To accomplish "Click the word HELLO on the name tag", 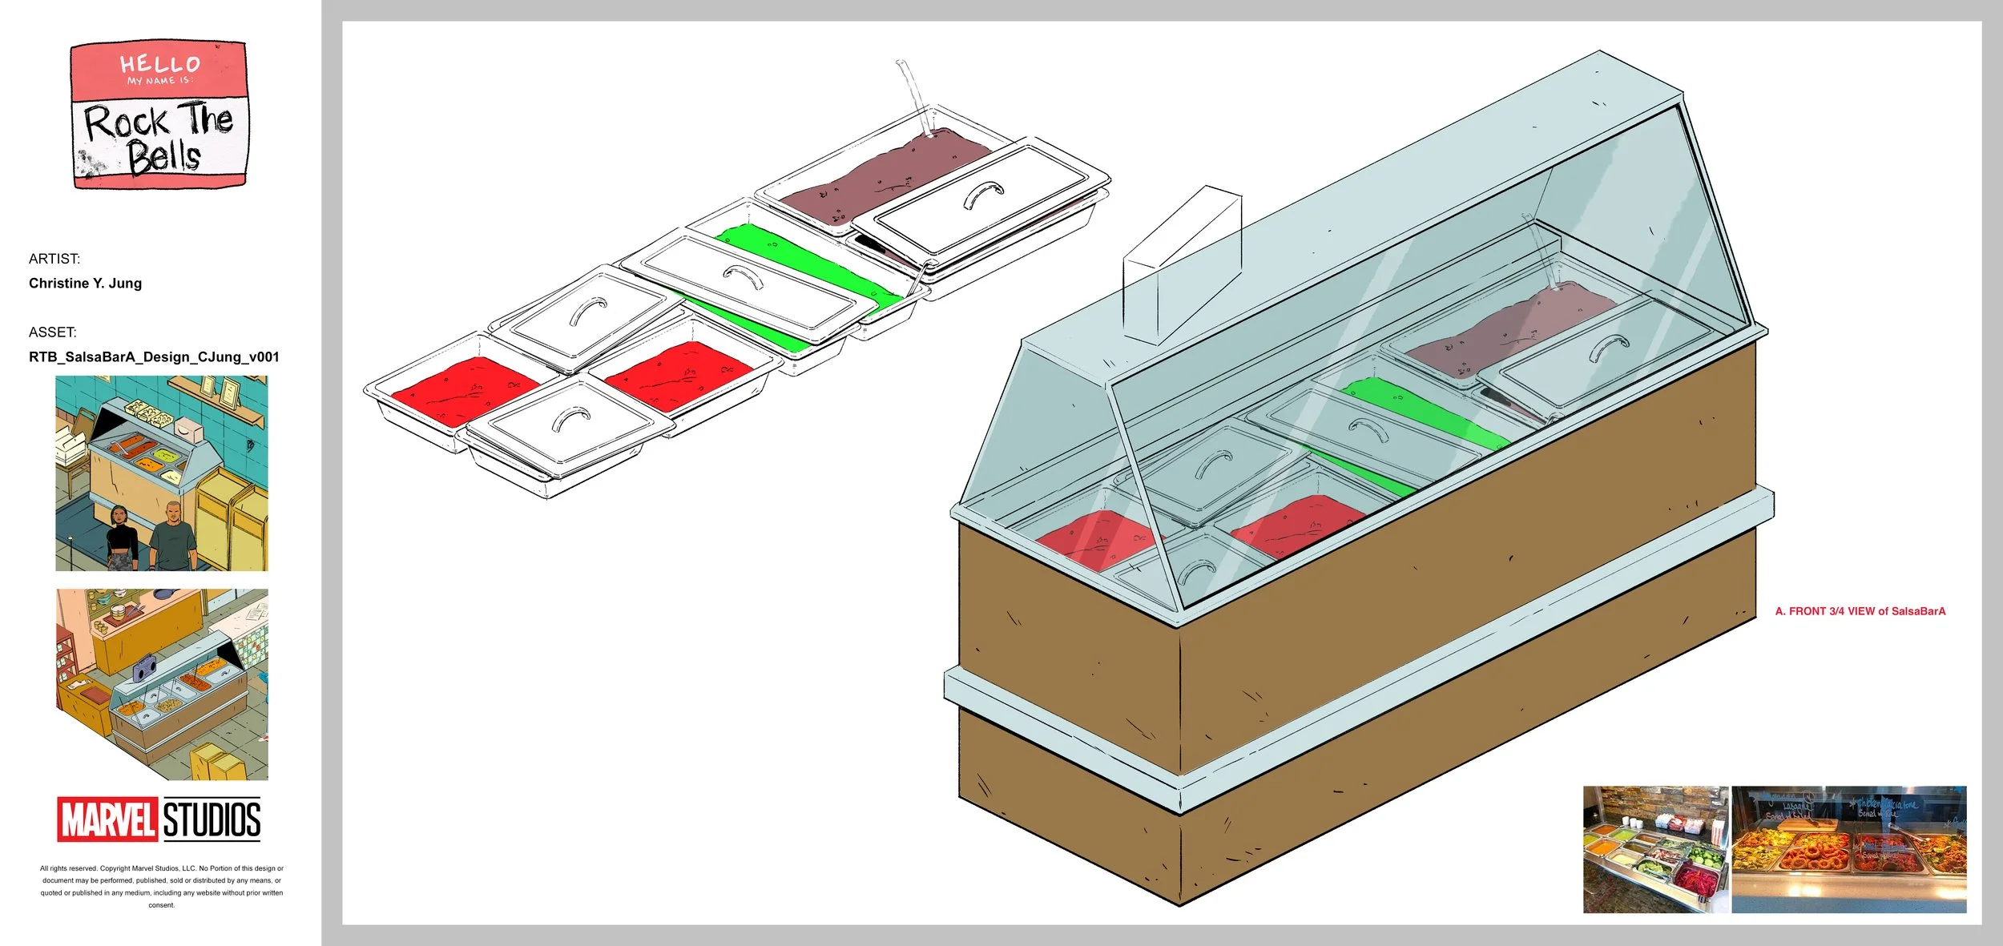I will [159, 63].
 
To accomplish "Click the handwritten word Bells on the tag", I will [163, 157].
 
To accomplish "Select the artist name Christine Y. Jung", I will [85, 283].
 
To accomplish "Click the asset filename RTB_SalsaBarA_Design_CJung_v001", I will [154, 356].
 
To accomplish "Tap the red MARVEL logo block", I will [107, 819].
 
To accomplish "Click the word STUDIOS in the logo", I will [212, 819].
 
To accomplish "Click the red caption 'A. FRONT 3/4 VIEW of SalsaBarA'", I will [1860, 611].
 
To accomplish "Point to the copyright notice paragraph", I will [161, 886].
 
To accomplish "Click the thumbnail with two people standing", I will [161, 473].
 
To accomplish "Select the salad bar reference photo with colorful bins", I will [1654, 849].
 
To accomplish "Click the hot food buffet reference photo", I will [1848, 849].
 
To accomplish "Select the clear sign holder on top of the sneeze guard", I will [1182, 264].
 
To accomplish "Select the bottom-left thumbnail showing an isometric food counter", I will [161, 685].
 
